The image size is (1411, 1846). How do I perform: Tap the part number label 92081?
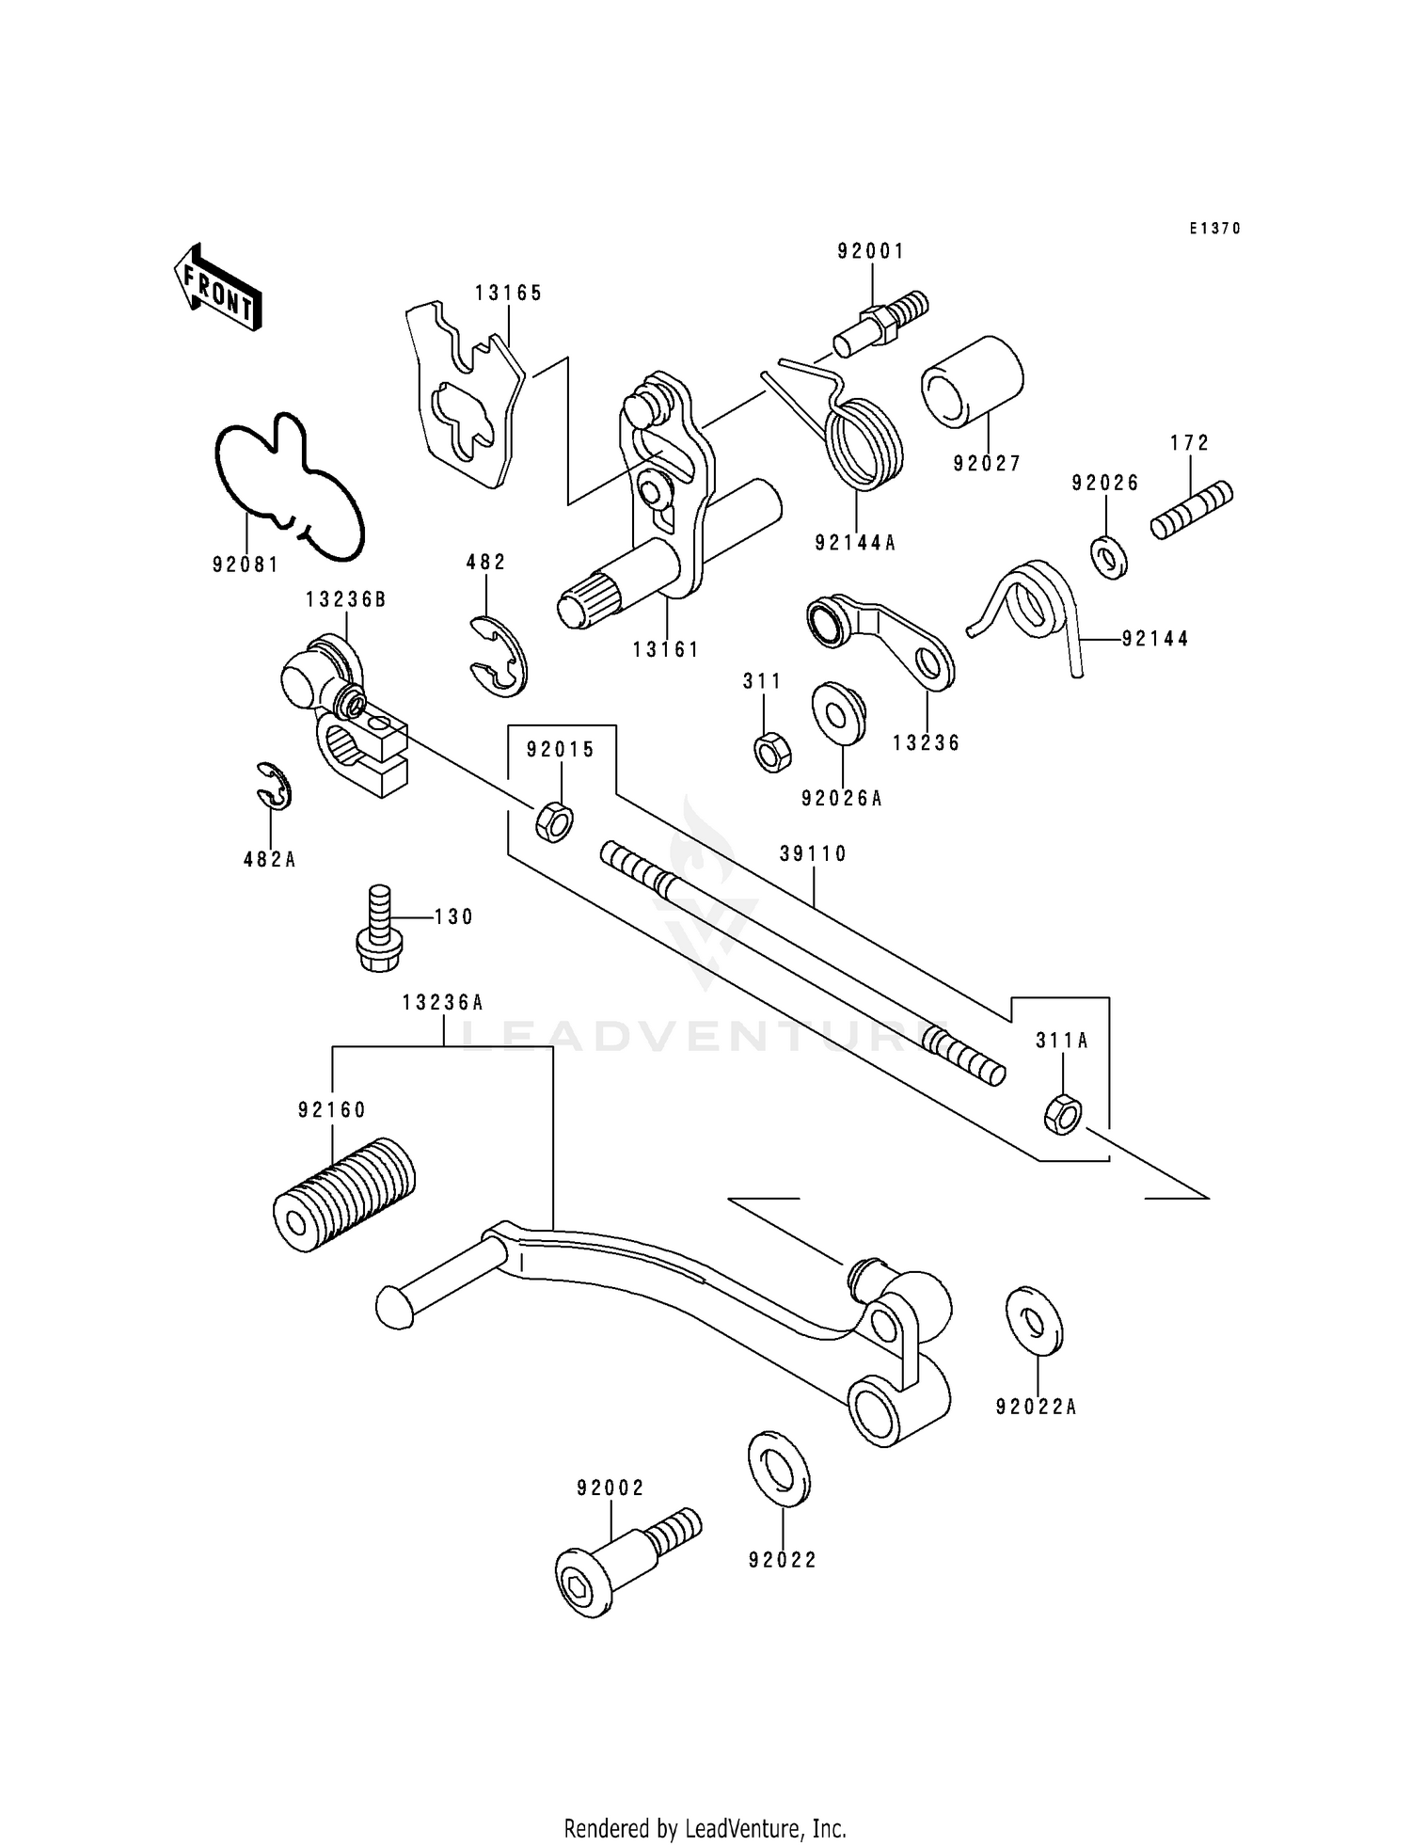click(246, 565)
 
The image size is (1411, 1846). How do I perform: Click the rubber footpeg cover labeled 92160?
click(344, 1194)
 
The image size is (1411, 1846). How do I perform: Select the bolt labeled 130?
click(378, 928)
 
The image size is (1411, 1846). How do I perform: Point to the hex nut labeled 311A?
click(1062, 1114)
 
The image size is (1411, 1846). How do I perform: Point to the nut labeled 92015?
click(554, 821)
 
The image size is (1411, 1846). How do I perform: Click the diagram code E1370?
click(1214, 229)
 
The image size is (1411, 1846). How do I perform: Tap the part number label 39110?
click(813, 853)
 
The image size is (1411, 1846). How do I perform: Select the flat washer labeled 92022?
click(779, 1470)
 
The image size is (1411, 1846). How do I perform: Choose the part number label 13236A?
click(443, 1003)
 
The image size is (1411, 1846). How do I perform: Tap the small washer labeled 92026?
click(1110, 557)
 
